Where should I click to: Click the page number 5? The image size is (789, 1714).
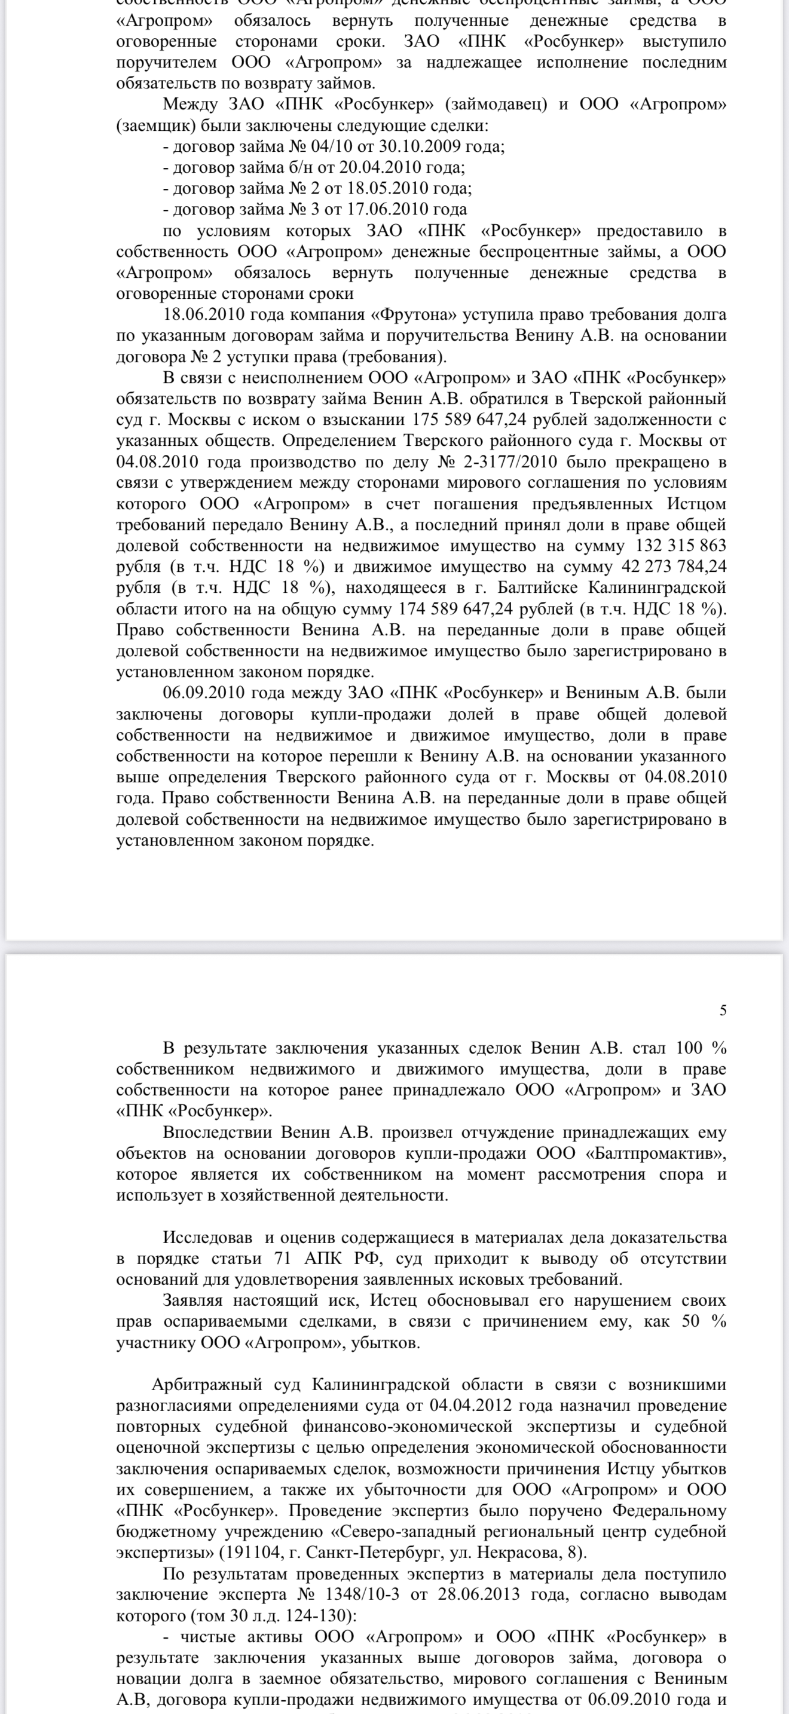723,1011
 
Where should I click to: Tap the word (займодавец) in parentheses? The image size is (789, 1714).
496,105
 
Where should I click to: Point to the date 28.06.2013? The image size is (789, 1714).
476,1595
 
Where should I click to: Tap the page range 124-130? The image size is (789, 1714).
322,1615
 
